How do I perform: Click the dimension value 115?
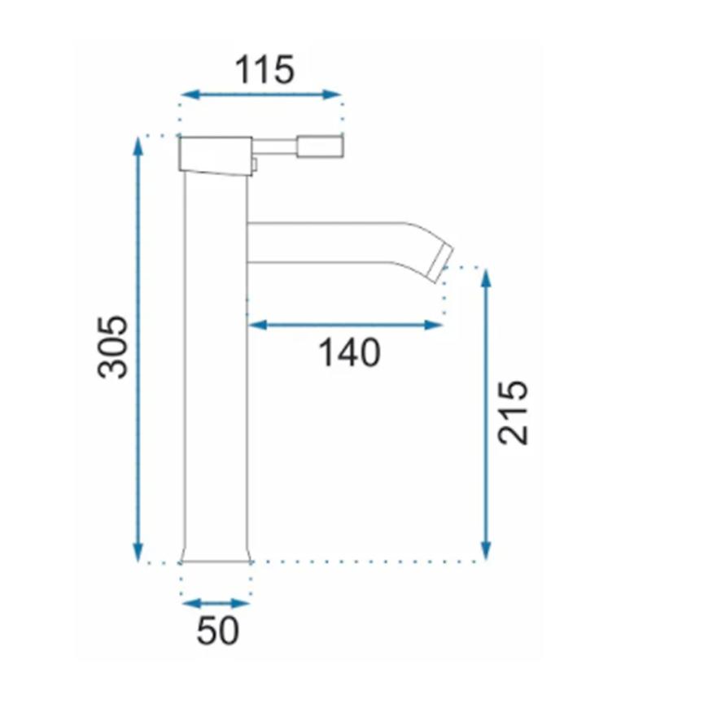tap(264, 69)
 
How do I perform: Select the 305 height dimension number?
tap(112, 347)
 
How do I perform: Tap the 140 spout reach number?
tap(349, 352)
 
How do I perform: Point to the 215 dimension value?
tap(513, 413)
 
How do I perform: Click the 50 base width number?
tap(217, 631)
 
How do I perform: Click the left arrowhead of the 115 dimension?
tap(190, 94)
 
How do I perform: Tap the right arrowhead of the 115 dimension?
tap(332, 94)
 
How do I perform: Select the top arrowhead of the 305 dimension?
tap(138, 146)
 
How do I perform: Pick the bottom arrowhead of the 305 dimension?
tap(138, 553)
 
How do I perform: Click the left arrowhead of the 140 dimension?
tap(258, 325)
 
